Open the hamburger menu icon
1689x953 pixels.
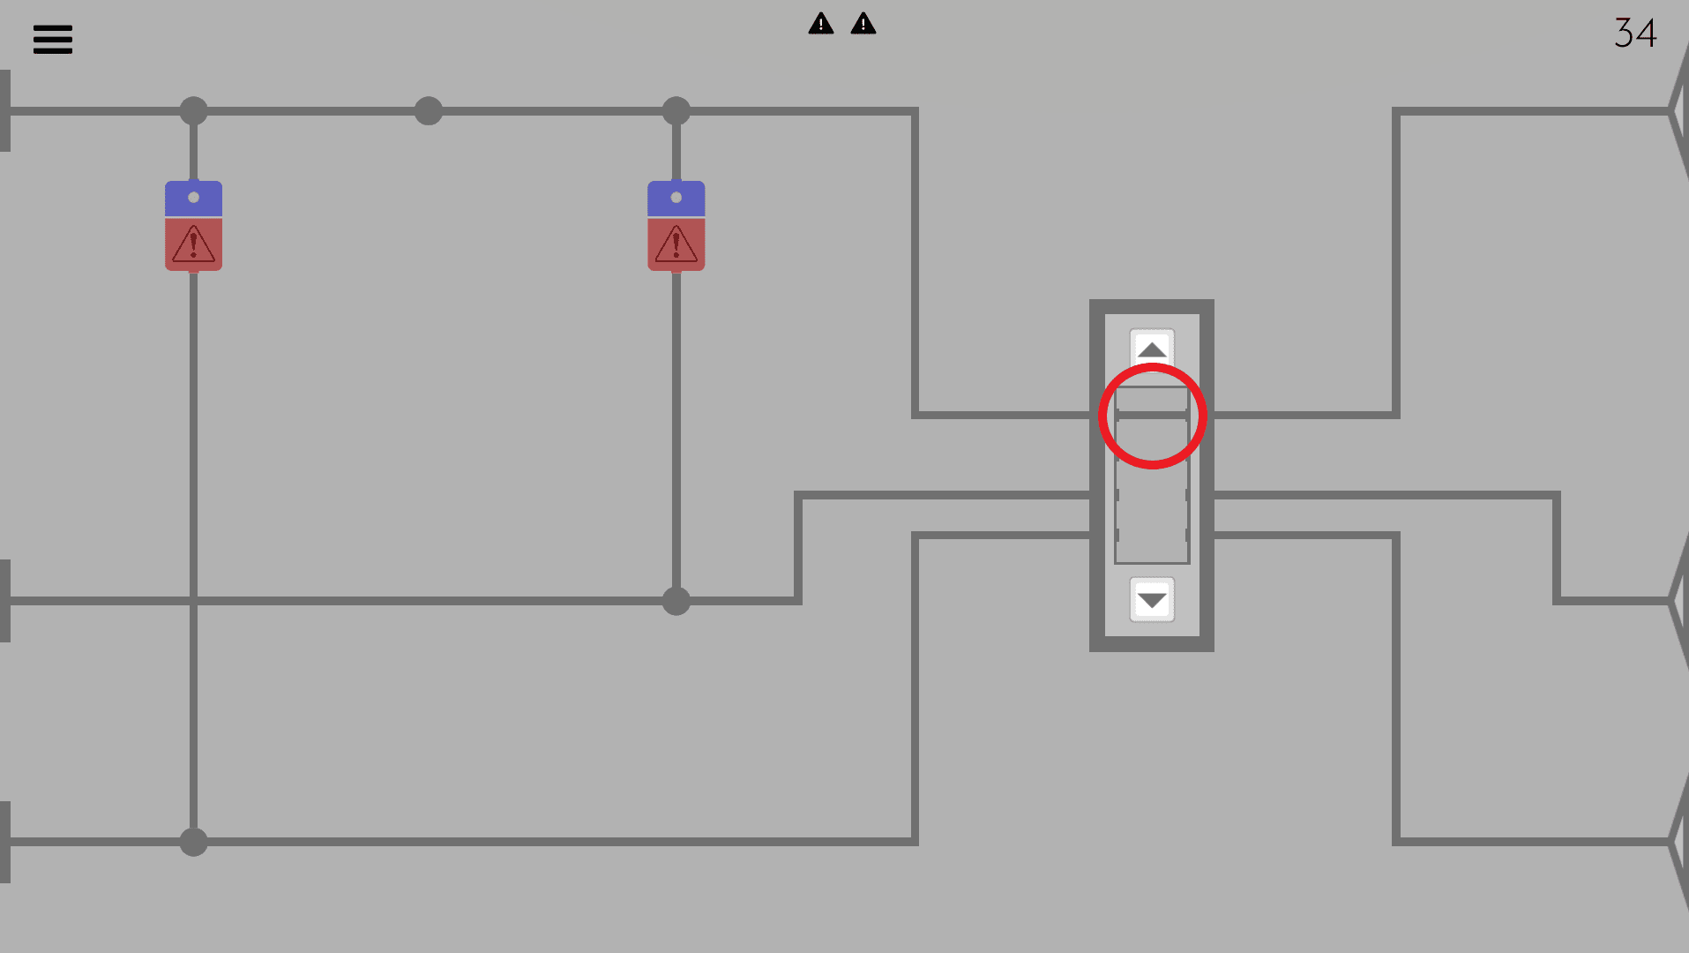point(53,39)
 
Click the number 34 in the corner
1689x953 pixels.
point(1635,33)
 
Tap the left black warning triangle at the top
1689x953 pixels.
point(821,24)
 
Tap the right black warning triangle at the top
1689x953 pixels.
point(863,24)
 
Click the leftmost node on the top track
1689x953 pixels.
point(193,111)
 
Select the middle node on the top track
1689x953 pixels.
point(429,111)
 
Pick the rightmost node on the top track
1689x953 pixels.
point(676,111)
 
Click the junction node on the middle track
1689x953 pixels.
point(676,601)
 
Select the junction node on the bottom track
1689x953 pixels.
point(193,842)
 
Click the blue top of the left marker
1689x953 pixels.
point(193,199)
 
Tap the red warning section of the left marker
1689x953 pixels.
point(193,244)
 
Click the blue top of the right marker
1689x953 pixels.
point(676,199)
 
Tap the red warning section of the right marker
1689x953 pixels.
point(676,244)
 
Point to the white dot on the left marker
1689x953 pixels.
point(193,198)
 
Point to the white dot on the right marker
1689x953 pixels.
point(676,198)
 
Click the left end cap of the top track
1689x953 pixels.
point(5,111)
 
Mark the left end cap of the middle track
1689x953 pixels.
point(5,601)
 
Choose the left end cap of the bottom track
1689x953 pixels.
point(5,842)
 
